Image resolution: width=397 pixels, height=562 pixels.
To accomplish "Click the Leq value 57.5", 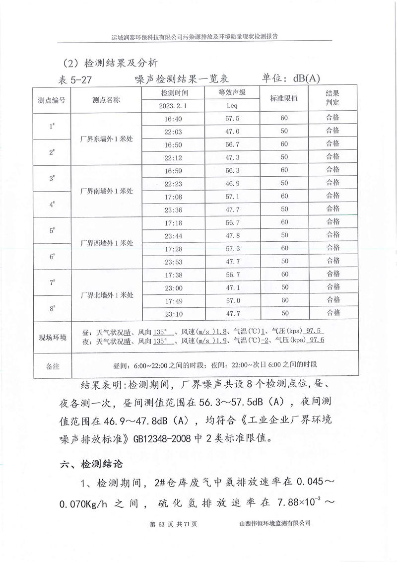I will (x=232, y=119).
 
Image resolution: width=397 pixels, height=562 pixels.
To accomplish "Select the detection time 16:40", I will (x=173, y=119).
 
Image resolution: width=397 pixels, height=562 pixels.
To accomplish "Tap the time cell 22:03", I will (x=173, y=132).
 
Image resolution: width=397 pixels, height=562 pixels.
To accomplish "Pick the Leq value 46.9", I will (x=232, y=183).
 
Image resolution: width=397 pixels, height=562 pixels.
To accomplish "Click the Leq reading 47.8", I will (x=232, y=235).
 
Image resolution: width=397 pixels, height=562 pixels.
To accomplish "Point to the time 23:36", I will (x=173, y=210).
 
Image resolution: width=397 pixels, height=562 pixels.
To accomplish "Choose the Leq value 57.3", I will (x=232, y=248).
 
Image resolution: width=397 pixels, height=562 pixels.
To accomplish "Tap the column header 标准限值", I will (x=284, y=99).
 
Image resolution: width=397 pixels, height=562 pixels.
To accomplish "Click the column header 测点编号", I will (x=52, y=99).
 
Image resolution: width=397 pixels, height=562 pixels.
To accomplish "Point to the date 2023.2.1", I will (x=173, y=105).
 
